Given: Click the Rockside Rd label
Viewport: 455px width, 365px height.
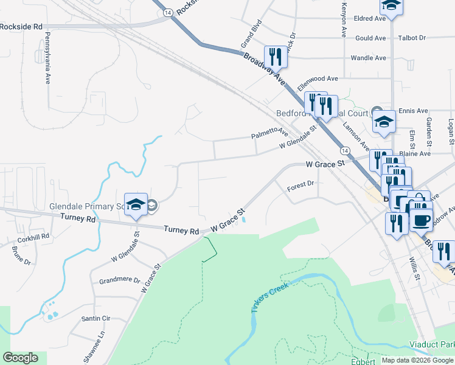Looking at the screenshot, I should pyautogui.click(x=21, y=27).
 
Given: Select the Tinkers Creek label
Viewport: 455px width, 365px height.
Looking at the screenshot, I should pyautogui.click(x=269, y=296).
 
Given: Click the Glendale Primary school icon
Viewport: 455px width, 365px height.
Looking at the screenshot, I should pyautogui.click(x=136, y=204).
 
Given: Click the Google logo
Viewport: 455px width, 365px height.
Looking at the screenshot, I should pyautogui.click(x=20, y=358).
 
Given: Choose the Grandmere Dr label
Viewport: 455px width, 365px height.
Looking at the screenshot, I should pyautogui.click(x=119, y=281).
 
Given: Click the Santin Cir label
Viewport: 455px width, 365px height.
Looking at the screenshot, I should pyautogui.click(x=96, y=318).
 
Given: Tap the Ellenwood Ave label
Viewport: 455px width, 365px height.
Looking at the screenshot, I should pyautogui.click(x=317, y=79).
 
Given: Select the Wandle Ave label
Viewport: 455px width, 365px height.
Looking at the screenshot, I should pyautogui.click(x=369, y=58).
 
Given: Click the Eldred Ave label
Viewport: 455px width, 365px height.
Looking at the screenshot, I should pyautogui.click(x=370, y=19).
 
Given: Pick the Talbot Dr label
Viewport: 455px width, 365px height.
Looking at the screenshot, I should pyautogui.click(x=412, y=38).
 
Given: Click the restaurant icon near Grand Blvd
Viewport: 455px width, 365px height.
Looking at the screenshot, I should pyautogui.click(x=275, y=57).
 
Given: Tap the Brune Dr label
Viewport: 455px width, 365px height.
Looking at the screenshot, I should pyautogui.click(x=21, y=254).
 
